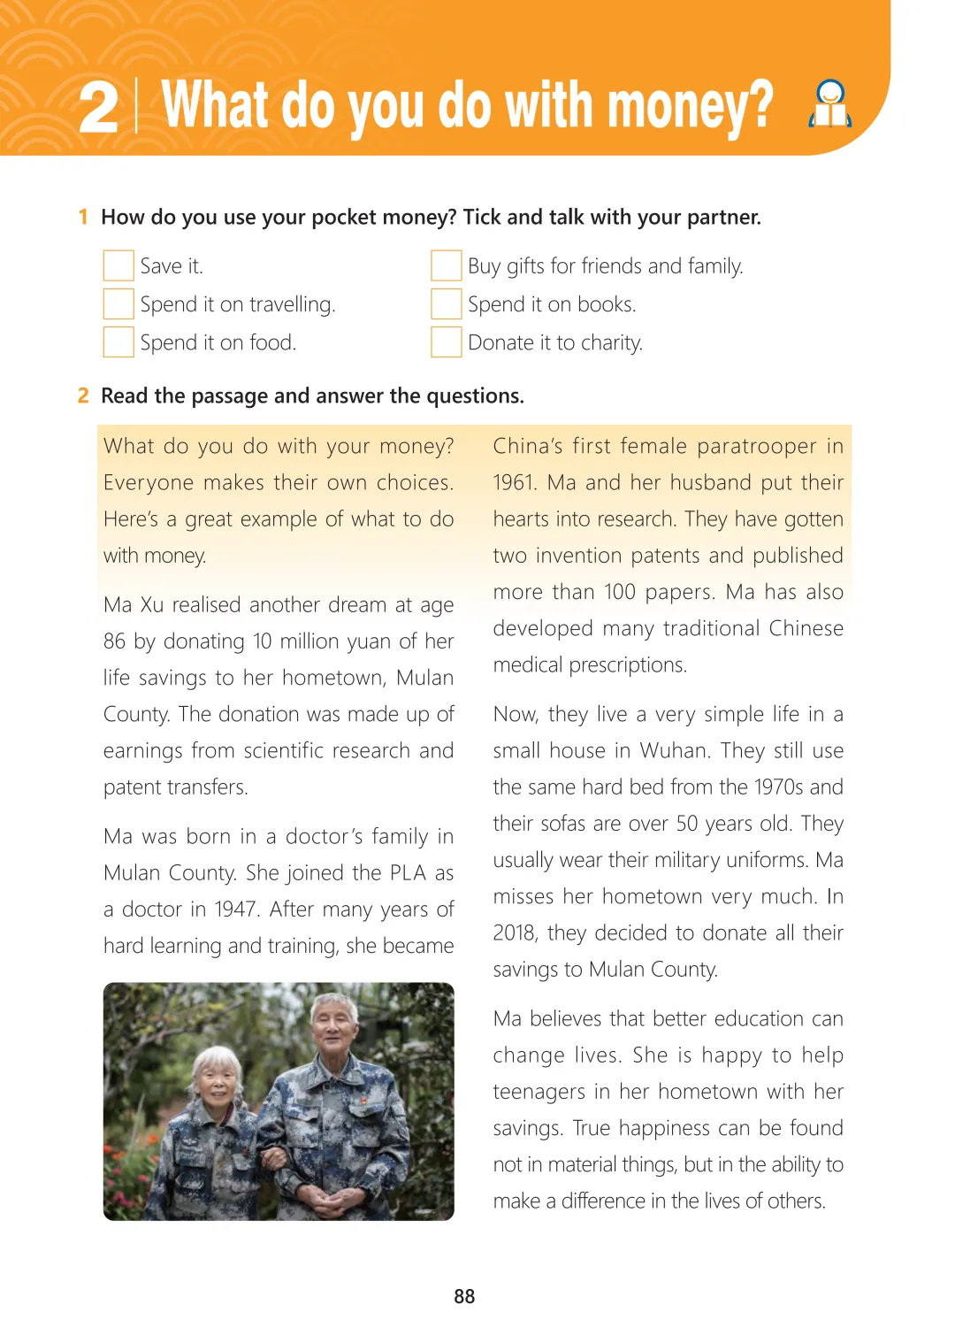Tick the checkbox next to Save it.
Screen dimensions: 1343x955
(x=118, y=265)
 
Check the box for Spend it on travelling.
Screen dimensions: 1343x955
(x=118, y=303)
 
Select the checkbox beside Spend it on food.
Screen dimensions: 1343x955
(x=118, y=342)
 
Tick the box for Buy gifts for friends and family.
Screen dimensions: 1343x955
(x=447, y=265)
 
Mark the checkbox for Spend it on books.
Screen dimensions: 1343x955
(x=447, y=303)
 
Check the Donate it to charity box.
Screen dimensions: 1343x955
(x=447, y=342)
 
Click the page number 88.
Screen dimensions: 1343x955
(x=464, y=1296)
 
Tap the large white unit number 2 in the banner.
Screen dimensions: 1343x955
(x=98, y=109)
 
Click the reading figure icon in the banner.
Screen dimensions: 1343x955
(x=830, y=104)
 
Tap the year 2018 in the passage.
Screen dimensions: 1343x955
(x=515, y=933)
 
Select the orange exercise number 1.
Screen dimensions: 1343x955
(x=83, y=217)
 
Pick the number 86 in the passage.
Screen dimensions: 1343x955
(x=115, y=641)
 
